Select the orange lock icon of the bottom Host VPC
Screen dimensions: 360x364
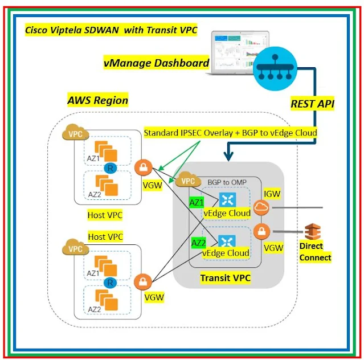click(142, 282)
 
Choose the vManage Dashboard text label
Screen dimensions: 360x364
click(156, 63)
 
